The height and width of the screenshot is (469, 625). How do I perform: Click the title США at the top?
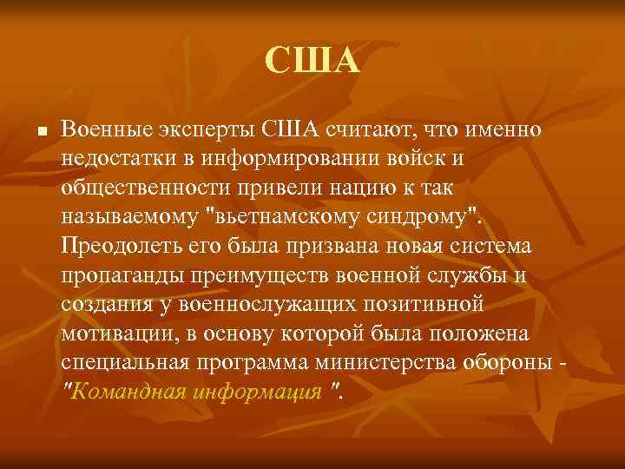pos(312,61)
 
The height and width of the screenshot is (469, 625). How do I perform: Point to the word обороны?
pos(510,364)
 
